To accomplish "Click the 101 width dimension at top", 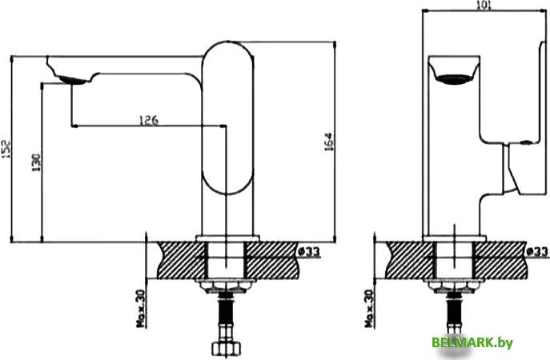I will click(483, 6).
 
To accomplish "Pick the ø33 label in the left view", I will click(308, 253).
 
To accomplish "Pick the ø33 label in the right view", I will click(537, 253).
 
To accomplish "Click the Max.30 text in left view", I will click(142, 309).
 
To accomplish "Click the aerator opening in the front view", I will click(456, 78).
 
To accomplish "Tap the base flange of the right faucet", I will click(456, 238).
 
